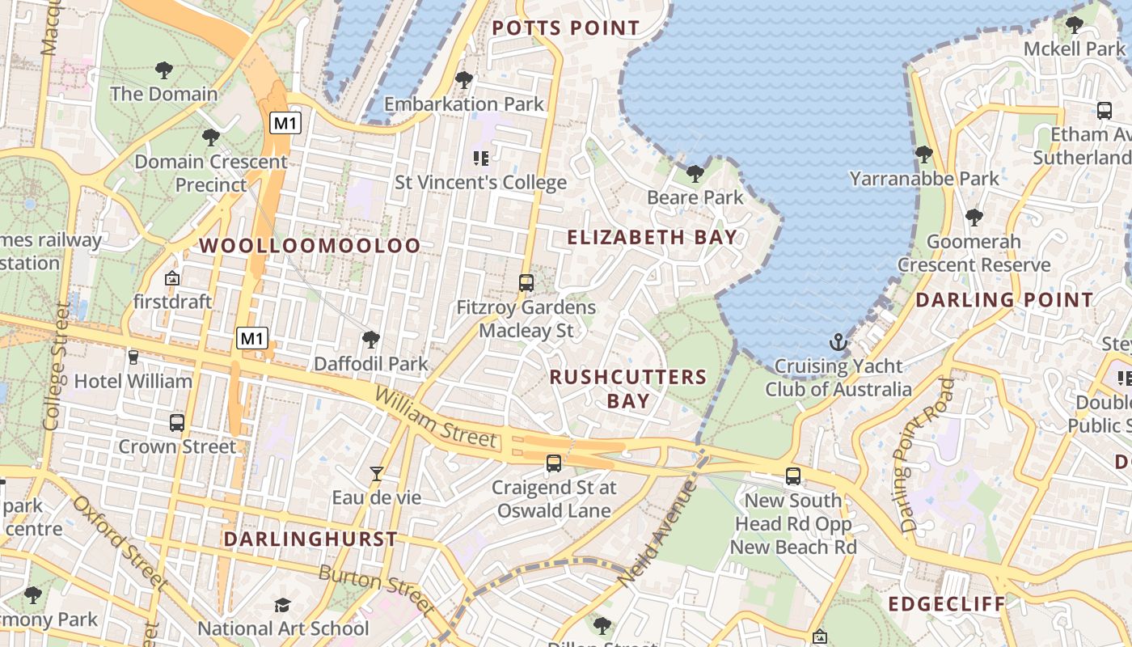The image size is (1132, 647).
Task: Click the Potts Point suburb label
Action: [566, 28]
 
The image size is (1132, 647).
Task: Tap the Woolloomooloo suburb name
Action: [310, 246]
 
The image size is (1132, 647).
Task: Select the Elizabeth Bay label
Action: [652, 237]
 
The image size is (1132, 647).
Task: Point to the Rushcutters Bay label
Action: [628, 389]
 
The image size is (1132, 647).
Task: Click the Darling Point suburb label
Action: [1004, 300]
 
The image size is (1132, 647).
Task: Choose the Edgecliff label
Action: [947, 604]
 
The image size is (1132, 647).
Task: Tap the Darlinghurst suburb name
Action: [310, 539]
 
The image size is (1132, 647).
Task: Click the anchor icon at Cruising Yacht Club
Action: [838, 342]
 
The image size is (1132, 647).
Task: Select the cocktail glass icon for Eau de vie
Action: [376, 474]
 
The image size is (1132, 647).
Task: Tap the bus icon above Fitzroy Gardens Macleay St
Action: [526, 283]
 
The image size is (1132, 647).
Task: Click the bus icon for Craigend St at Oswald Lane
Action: [554, 463]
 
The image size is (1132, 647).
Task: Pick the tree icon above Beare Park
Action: [695, 173]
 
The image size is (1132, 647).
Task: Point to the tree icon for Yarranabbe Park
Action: [924, 154]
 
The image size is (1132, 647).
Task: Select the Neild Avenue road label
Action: [656, 534]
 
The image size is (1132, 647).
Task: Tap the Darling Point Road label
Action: [920, 455]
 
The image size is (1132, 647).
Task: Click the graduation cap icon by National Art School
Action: [282, 605]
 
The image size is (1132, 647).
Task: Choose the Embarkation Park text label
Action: [464, 104]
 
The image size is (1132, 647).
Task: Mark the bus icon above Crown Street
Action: [177, 422]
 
